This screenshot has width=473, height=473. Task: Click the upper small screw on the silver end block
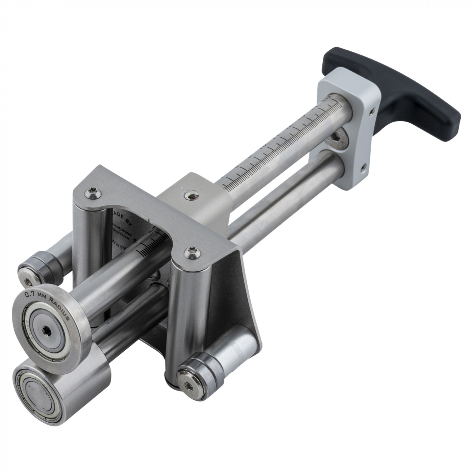point(372,110)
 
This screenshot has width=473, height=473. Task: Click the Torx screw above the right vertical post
point(190,253)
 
